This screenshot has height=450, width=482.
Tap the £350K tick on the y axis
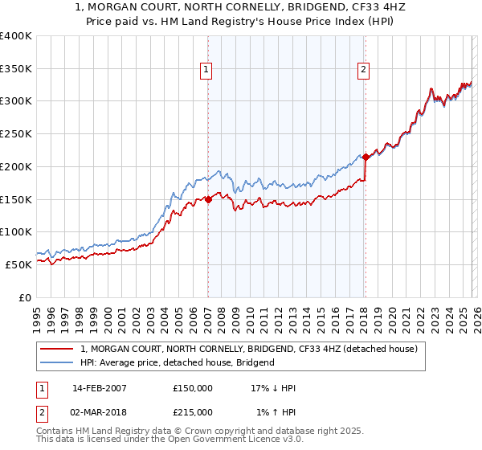click(x=16, y=69)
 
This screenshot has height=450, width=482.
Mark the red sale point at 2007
click(x=208, y=199)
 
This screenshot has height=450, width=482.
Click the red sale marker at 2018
click(x=366, y=157)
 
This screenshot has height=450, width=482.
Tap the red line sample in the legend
click(x=58, y=350)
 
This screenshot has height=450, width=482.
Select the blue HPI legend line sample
click(x=58, y=363)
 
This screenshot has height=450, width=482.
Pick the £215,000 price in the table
click(x=193, y=412)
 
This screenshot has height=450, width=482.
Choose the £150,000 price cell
click(x=193, y=388)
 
